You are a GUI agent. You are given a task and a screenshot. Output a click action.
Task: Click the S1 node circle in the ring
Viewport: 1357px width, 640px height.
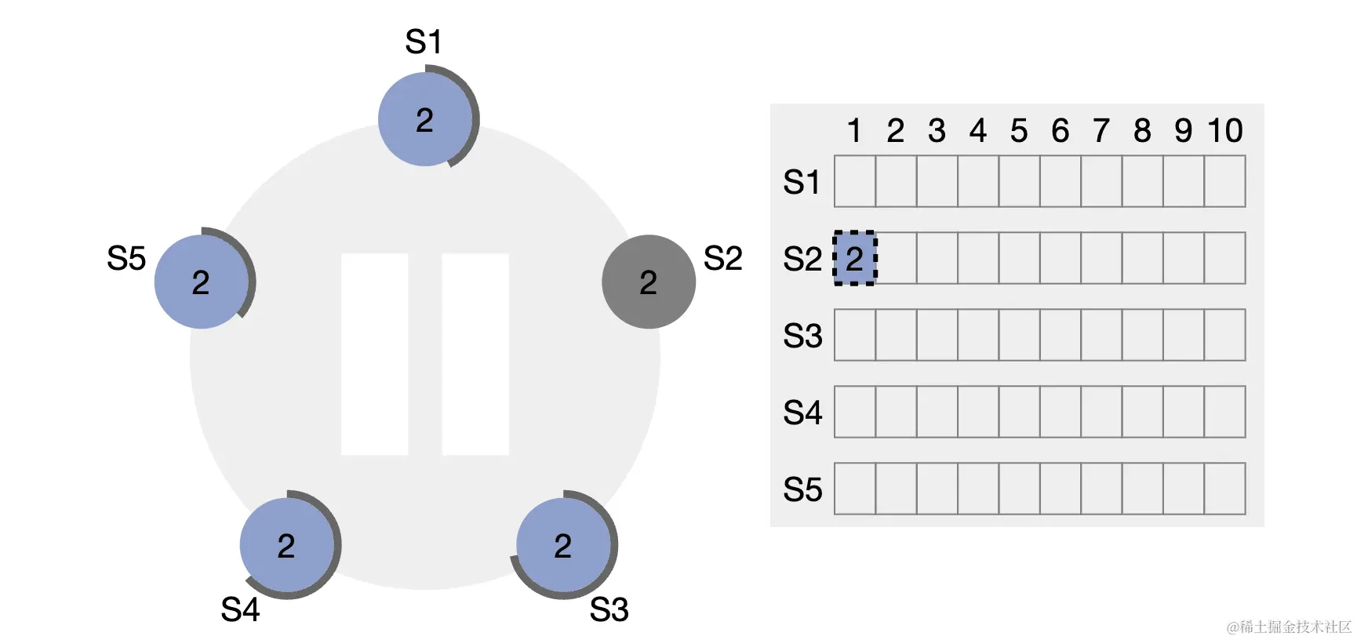click(x=425, y=119)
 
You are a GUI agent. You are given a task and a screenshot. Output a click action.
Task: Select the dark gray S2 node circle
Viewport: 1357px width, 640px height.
click(x=648, y=282)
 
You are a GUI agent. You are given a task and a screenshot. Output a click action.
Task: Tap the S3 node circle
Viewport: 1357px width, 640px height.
click(x=563, y=545)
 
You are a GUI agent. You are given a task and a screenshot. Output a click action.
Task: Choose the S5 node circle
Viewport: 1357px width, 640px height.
click(x=202, y=282)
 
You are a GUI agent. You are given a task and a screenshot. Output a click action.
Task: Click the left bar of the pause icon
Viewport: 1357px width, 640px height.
click(x=374, y=354)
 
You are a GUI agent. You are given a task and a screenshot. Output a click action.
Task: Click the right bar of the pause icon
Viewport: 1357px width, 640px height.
click(x=475, y=354)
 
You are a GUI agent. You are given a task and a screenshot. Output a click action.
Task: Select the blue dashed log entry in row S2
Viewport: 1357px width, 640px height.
click(x=854, y=258)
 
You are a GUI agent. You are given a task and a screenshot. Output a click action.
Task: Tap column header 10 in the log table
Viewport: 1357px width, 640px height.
click(x=1224, y=131)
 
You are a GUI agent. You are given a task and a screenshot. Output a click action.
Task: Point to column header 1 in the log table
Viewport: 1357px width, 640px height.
click(x=854, y=131)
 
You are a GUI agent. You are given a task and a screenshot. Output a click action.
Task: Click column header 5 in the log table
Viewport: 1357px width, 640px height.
click(x=1019, y=131)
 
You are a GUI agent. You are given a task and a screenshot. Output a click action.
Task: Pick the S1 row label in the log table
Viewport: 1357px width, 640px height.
click(x=802, y=182)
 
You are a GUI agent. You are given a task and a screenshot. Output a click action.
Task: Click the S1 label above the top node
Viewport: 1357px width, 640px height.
click(x=424, y=42)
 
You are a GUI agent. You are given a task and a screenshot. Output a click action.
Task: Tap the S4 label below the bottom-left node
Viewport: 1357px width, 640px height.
click(x=240, y=609)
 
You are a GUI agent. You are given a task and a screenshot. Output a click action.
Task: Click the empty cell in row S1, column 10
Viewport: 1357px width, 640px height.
click(x=1224, y=181)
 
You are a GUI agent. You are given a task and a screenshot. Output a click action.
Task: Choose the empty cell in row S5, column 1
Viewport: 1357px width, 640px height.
click(x=855, y=489)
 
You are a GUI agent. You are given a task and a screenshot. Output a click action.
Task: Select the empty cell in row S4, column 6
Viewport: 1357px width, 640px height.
click(x=1060, y=412)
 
